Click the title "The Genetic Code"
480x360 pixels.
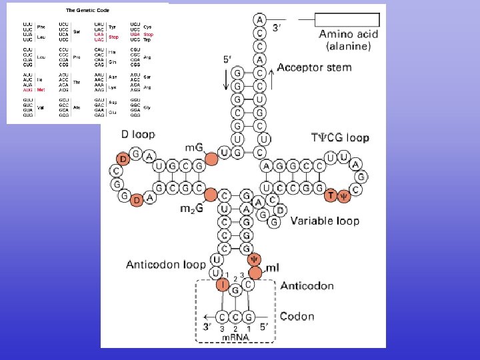(87, 11)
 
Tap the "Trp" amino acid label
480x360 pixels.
(147, 40)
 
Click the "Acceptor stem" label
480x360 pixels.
(313, 67)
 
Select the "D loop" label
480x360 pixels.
(138, 134)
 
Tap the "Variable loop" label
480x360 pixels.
(325, 221)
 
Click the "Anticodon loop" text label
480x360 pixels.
(166, 265)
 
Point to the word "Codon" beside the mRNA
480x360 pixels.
(297, 317)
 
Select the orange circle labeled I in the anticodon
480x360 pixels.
(222, 285)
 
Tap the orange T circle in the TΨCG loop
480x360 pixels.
(331, 195)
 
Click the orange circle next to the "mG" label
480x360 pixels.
(211, 159)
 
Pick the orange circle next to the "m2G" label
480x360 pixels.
(211, 195)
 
